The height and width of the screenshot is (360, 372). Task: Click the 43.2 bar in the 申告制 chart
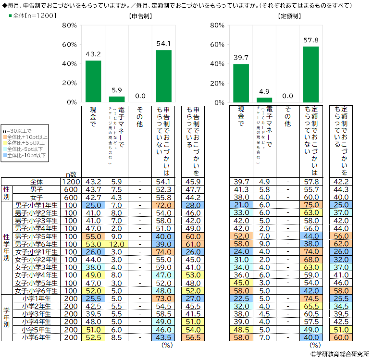93,81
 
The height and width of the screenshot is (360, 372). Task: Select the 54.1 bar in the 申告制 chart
164,76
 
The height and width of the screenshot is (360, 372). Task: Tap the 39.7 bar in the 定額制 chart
241,83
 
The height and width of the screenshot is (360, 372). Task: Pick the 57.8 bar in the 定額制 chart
311,74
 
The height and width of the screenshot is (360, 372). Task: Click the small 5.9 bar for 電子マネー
117,99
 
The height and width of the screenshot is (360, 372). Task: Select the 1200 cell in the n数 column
70,182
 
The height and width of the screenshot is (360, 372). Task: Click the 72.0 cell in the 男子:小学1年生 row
164,205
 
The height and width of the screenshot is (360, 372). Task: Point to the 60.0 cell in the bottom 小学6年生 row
341,337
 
